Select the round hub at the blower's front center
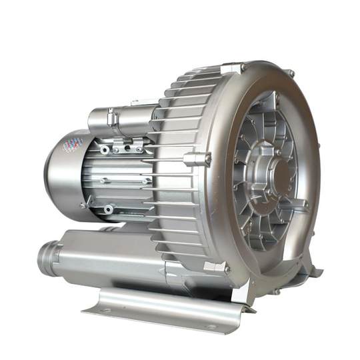click(x=281, y=175)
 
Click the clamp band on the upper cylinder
click(x=112, y=121)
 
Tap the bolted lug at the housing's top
click(x=233, y=68)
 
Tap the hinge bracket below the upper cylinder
click(x=127, y=143)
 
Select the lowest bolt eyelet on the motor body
click(x=108, y=209)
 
